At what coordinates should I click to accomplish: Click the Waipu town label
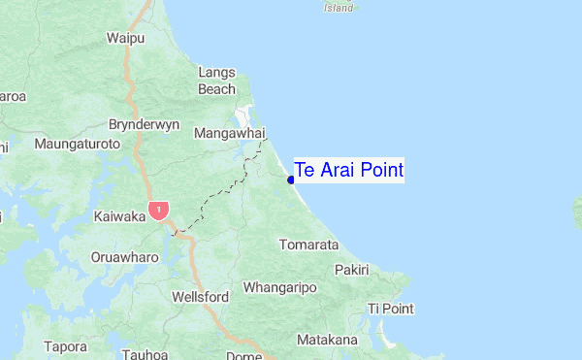pyautogui.click(x=126, y=38)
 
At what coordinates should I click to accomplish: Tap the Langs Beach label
pyautogui.click(x=216, y=81)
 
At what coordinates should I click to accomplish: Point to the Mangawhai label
pyautogui.click(x=230, y=133)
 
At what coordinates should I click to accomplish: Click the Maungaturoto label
pyautogui.click(x=77, y=144)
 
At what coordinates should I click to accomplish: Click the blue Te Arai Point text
pyautogui.click(x=348, y=171)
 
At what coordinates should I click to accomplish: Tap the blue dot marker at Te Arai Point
pyautogui.click(x=291, y=179)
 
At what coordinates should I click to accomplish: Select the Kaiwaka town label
pyautogui.click(x=120, y=216)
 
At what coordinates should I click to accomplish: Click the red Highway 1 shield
pyautogui.click(x=159, y=210)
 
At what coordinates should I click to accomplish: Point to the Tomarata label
pyautogui.click(x=308, y=245)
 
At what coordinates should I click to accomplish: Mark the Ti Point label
pyautogui.click(x=391, y=309)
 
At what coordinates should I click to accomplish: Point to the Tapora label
pyautogui.click(x=65, y=345)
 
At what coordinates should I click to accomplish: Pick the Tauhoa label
pyautogui.click(x=146, y=354)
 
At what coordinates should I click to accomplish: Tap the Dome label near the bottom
pyautogui.click(x=242, y=355)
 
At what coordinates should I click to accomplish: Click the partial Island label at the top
pyautogui.click(x=338, y=7)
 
